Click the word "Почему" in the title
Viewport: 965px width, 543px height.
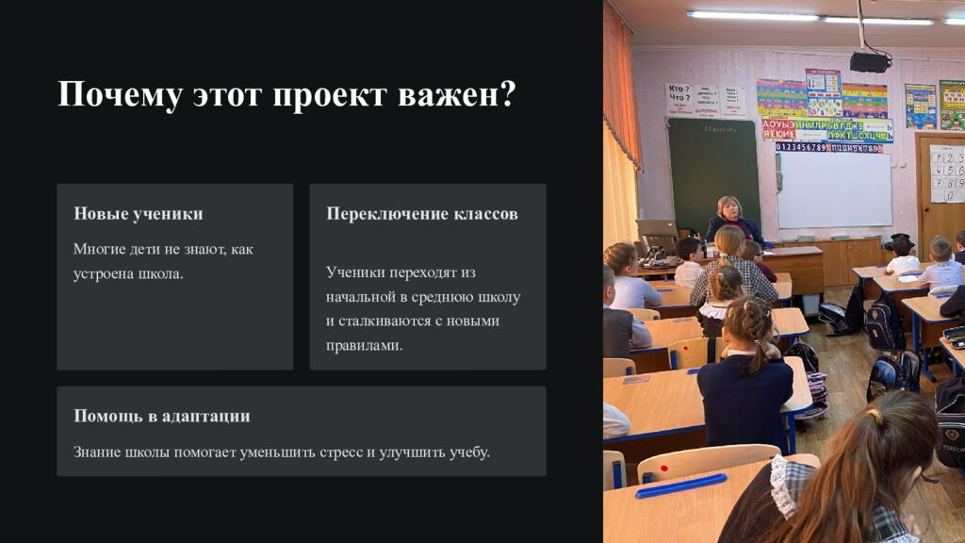(x=120, y=95)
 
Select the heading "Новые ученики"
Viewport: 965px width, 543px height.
(x=139, y=214)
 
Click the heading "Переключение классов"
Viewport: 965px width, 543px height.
(x=422, y=214)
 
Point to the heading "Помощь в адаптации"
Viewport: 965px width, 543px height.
(x=162, y=416)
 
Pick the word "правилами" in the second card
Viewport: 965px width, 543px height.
(x=364, y=345)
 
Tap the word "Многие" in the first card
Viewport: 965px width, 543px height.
(x=95, y=249)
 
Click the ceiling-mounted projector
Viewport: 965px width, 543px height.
(x=870, y=61)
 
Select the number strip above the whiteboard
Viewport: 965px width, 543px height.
(x=828, y=148)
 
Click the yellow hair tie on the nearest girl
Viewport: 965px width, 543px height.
(x=875, y=416)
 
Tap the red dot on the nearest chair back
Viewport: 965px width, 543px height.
(x=664, y=469)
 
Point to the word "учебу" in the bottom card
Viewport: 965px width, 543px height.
(x=469, y=452)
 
